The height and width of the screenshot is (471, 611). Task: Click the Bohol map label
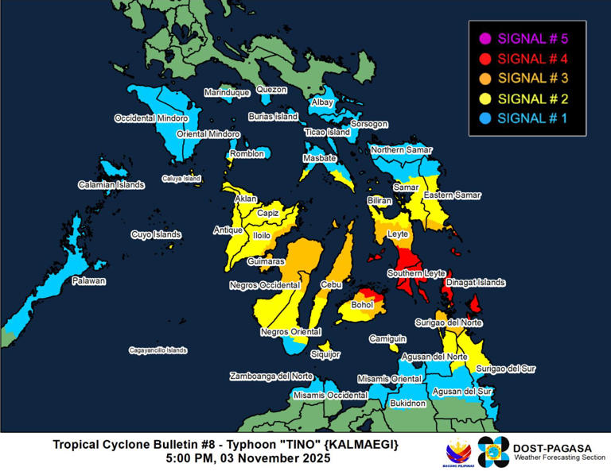pos(363,304)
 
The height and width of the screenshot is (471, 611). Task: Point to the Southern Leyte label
pos(416,274)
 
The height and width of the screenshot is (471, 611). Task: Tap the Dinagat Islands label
pos(476,282)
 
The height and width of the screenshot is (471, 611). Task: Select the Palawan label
pos(88,281)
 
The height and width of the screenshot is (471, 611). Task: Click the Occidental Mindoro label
pos(151,118)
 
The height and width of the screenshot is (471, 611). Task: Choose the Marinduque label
pos(227,93)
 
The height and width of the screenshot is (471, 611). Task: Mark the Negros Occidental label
pos(264,284)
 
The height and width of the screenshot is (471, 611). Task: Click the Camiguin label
pos(383,338)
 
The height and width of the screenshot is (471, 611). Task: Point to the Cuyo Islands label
pos(156,235)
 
